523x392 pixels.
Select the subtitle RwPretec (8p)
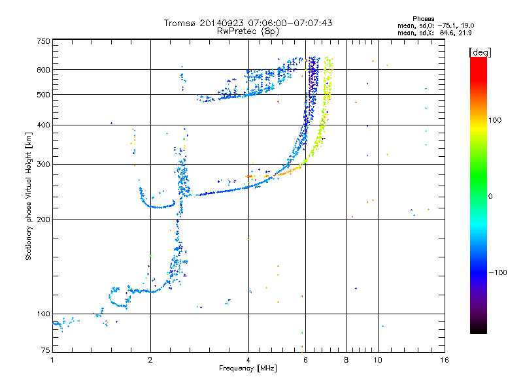point(248,31)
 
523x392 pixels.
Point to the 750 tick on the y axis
point(43,41)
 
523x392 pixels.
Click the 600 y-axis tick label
point(43,70)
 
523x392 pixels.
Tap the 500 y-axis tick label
point(43,95)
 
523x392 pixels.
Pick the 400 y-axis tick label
point(43,125)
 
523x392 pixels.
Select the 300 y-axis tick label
point(43,164)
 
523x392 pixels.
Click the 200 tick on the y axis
point(43,219)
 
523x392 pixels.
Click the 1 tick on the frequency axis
point(52,360)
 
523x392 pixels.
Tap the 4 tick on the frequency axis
point(248,360)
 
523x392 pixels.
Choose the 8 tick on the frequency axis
point(346,360)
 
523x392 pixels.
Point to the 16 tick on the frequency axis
point(444,360)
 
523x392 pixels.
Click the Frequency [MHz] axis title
point(248,368)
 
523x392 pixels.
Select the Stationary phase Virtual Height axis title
point(29,196)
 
